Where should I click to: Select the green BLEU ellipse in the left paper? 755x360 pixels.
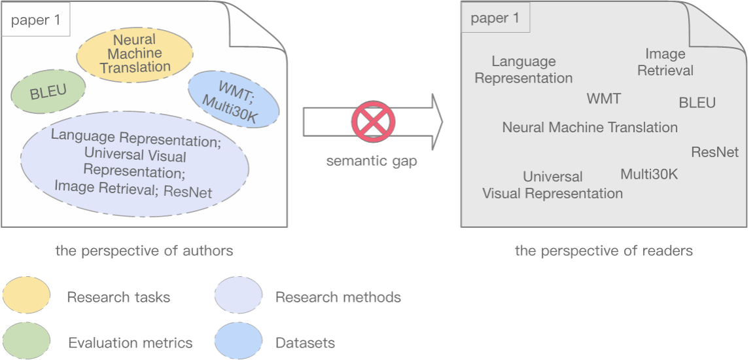pos(48,92)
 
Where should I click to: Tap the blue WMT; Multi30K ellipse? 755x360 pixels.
pos(232,99)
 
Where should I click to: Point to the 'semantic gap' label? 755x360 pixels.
pos(371,161)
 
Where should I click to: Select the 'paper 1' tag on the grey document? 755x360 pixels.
pos(495,18)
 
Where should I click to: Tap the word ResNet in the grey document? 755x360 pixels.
pos(714,153)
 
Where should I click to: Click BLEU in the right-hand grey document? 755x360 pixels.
pos(697,103)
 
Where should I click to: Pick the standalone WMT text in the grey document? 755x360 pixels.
pos(603,99)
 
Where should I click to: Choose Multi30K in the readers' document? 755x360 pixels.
pos(649,174)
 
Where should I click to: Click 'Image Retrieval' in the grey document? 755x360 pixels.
pos(665,62)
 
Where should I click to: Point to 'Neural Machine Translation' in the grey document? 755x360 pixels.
pos(589,128)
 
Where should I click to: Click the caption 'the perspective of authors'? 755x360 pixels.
pos(144,251)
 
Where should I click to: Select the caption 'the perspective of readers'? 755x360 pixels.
pos(604,251)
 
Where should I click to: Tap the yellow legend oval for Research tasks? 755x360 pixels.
pos(26,297)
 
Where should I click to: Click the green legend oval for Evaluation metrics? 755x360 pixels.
pos(26,342)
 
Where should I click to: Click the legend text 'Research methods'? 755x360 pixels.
pos(338,297)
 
